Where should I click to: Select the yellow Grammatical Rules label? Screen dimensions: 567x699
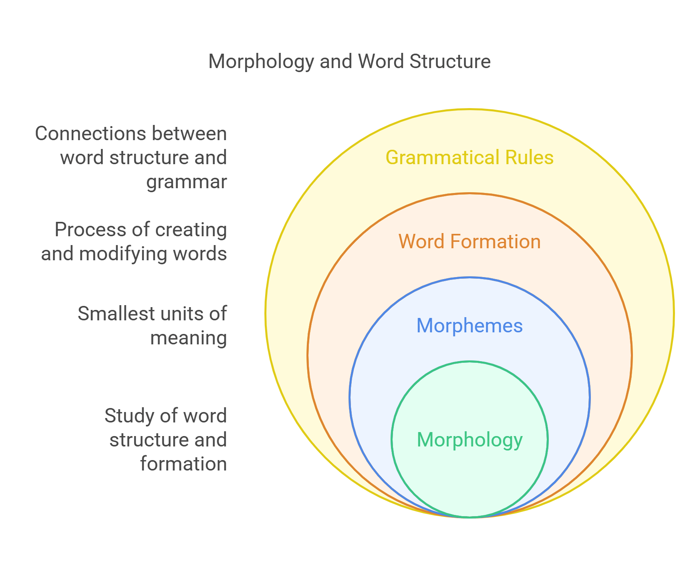click(469, 157)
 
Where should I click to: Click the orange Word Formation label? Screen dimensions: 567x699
click(469, 241)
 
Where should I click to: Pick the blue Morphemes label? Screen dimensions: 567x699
click(469, 326)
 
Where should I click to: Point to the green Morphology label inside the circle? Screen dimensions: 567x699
click(469, 440)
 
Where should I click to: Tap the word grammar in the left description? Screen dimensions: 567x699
click(187, 182)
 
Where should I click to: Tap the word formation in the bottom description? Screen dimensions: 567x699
click(183, 464)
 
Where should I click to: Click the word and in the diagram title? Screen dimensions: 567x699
click(336, 61)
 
